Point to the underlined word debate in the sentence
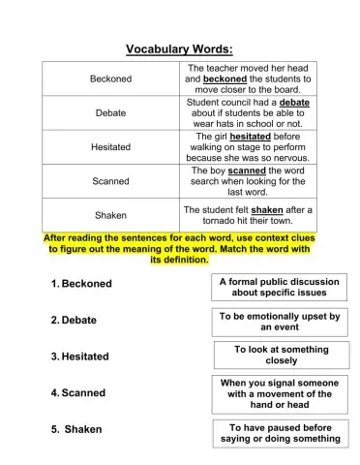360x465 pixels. tap(294, 101)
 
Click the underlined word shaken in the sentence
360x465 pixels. tap(270, 208)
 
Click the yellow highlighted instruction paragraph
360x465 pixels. tap(179, 249)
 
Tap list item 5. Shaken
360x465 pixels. tap(75, 428)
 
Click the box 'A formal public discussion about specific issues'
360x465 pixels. tap(280, 287)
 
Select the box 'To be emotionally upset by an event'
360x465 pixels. tap(280, 322)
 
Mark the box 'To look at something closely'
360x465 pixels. tap(281, 355)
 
